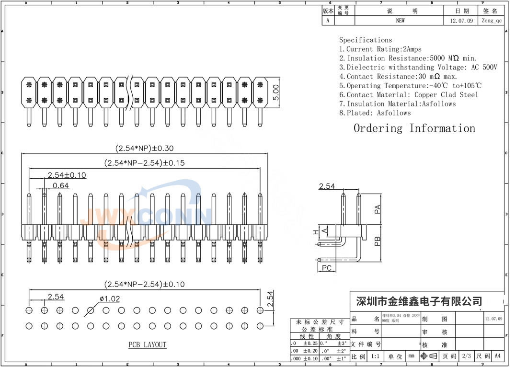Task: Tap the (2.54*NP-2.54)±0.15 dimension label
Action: tap(144, 163)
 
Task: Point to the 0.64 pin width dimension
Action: tap(60, 185)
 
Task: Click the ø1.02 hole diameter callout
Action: tap(110, 298)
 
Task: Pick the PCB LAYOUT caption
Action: tap(147, 344)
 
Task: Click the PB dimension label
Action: tap(378, 241)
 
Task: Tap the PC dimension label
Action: tap(327, 267)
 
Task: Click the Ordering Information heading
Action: tap(414, 128)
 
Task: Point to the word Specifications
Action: tap(366, 40)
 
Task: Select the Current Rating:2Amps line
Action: tap(380, 49)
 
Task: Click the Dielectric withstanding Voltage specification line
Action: tap(418, 68)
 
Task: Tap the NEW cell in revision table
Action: tap(400, 21)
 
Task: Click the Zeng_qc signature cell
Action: tap(492, 21)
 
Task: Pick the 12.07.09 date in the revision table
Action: tap(461, 21)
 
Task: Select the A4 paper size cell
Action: tap(497, 356)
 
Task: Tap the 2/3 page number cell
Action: tap(465, 356)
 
